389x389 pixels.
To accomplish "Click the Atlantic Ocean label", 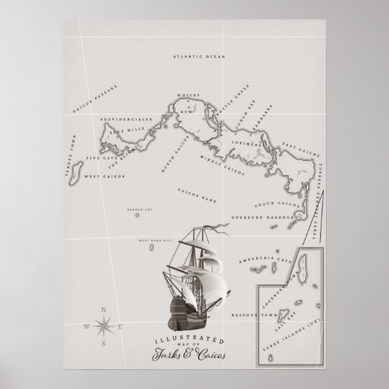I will (199, 56).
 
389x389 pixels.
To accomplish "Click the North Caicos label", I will (173, 153).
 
